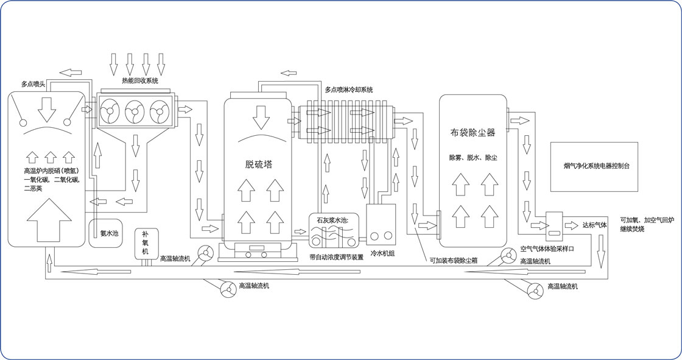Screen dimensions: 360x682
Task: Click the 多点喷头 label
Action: pos(33,84)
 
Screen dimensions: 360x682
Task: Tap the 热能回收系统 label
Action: pos(139,80)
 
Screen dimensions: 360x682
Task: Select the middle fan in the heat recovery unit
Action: pos(135,111)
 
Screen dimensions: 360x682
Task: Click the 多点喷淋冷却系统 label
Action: pos(348,90)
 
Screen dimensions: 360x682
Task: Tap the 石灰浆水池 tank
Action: pos(332,231)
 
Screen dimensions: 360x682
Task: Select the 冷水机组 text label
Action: pos(382,253)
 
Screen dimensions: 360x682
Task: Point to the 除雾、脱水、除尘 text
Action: pos(473,158)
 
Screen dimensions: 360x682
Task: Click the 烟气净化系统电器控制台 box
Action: pos(594,165)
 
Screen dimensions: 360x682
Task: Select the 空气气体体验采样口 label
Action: pos(547,249)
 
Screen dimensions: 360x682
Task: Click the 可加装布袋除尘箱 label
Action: pos(453,260)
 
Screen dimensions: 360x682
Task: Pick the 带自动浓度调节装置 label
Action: pos(336,257)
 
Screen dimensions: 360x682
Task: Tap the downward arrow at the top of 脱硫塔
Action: pos(261,116)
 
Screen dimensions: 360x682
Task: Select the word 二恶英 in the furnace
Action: pos(32,189)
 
